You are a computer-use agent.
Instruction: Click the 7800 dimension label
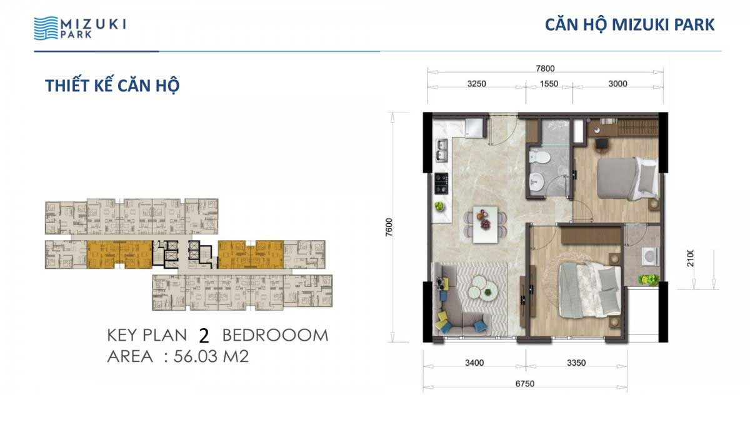(x=545, y=68)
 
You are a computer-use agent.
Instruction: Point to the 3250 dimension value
(x=476, y=84)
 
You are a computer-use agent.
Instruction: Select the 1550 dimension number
(x=549, y=84)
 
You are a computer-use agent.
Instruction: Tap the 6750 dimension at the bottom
(x=524, y=384)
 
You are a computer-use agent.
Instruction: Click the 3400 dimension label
(x=474, y=363)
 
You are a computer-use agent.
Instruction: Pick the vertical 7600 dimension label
(x=389, y=228)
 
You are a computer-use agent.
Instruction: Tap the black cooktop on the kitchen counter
(x=441, y=183)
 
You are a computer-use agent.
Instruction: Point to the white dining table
(x=485, y=224)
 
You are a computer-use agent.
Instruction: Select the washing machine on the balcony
(x=650, y=257)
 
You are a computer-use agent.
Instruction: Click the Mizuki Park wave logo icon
(x=46, y=28)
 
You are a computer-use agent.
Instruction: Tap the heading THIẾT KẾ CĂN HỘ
(x=112, y=86)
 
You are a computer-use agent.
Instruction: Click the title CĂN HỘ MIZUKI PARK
(x=630, y=25)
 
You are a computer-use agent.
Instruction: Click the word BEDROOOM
(x=275, y=335)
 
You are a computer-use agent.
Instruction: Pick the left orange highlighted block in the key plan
(x=119, y=254)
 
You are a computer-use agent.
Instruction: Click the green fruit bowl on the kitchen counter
(x=439, y=206)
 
